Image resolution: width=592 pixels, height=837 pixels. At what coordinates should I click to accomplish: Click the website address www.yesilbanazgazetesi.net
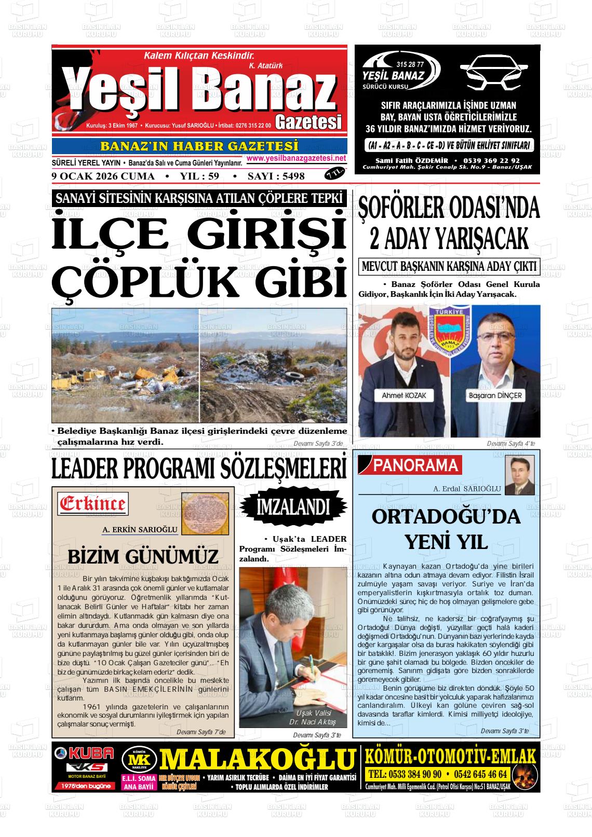tap(297, 158)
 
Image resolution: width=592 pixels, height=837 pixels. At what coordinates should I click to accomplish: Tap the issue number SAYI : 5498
tap(276, 176)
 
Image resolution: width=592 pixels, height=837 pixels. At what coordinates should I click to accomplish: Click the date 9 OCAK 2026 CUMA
tap(103, 176)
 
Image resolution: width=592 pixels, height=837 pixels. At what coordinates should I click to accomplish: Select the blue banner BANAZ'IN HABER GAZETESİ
tap(199, 146)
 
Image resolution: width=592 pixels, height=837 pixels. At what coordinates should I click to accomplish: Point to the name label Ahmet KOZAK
tap(403, 395)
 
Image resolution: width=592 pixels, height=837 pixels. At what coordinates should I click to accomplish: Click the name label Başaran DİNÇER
tap(495, 395)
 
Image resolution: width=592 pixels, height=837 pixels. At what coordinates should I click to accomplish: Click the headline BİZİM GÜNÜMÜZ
tap(143, 556)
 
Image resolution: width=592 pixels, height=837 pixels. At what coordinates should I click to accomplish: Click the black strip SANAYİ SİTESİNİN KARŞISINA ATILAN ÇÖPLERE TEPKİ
tap(199, 198)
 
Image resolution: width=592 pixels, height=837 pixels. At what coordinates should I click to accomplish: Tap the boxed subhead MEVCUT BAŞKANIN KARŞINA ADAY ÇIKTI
tap(449, 266)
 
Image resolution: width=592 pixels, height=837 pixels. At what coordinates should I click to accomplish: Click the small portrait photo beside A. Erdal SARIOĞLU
tap(519, 475)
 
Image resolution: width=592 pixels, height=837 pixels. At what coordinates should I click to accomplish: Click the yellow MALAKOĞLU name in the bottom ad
tap(257, 759)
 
